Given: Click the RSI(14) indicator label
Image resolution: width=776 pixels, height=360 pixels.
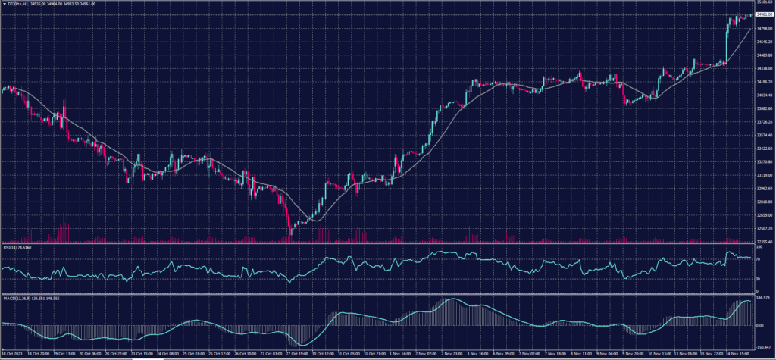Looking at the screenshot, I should (x=15, y=247).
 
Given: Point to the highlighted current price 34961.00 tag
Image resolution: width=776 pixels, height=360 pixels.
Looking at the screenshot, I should (x=763, y=14).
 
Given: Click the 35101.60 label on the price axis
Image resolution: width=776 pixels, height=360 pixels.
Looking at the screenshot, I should (x=763, y=3).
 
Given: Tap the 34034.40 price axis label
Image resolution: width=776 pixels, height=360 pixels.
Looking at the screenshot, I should (x=763, y=95).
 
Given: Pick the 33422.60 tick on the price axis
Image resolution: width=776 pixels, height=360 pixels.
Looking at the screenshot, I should (x=763, y=149).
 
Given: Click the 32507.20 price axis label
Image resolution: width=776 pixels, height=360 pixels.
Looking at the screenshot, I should (x=763, y=228).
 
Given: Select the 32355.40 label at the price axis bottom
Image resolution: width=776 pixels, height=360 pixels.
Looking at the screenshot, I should (x=763, y=241).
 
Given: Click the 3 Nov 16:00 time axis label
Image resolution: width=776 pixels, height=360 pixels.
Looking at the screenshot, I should (x=482, y=353).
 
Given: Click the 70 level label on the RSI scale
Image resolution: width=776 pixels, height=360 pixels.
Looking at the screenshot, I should (x=759, y=258).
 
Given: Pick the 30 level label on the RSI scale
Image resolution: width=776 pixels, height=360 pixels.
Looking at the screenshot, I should (x=759, y=279).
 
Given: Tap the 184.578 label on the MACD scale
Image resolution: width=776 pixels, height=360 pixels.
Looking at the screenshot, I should (x=763, y=298).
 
